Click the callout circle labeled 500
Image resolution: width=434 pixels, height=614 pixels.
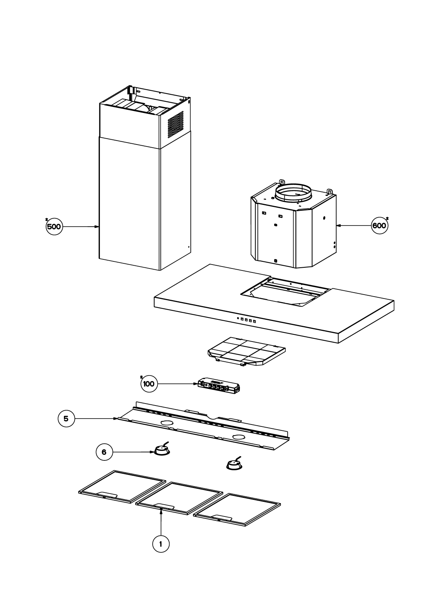(x=54, y=227)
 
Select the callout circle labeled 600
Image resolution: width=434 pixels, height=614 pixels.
(x=380, y=226)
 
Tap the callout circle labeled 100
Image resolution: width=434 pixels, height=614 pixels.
(x=149, y=383)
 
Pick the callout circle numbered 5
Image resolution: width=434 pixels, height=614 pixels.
(x=66, y=419)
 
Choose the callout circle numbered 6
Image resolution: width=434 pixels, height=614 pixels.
(x=104, y=452)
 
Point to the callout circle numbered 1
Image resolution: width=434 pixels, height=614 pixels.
(x=161, y=544)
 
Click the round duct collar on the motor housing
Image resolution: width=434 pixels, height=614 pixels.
(x=294, y=193)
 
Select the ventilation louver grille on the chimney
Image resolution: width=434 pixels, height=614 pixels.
(x=176, y=124)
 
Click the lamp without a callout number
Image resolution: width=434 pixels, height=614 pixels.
(x=234, y=464)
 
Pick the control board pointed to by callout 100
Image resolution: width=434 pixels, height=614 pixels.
(x=219, y=387)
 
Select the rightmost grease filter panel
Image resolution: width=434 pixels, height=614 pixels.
(x=237, y=509)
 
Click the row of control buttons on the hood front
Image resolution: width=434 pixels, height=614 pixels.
(x=246, y=320)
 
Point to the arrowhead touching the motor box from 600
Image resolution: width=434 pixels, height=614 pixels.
(x=339, y=226)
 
